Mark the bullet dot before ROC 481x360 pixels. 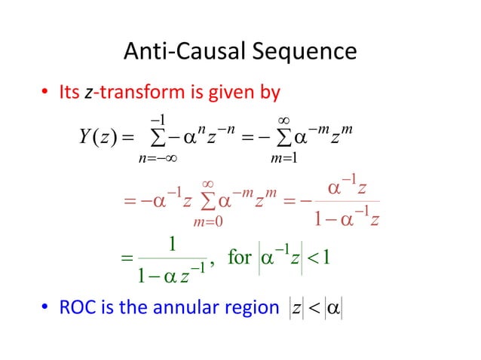pos(46,308)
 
